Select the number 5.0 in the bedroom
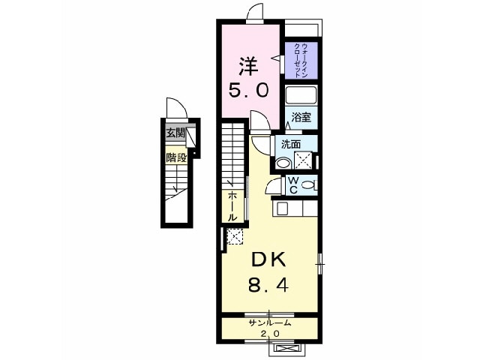[247, 91]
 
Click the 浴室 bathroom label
[301, 117]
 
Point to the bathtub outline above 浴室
[301, 96]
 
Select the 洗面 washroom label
[291, 143]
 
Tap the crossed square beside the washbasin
[304, 159]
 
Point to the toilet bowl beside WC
[309, 184]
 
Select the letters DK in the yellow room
[268, 260]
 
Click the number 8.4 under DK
[268, 286]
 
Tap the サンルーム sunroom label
[270, 322]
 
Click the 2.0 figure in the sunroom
[270, 333]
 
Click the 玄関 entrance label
[175, 133]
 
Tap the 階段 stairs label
[176, 158]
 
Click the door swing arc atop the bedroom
[255, 12]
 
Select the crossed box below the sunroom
[285, 347]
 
